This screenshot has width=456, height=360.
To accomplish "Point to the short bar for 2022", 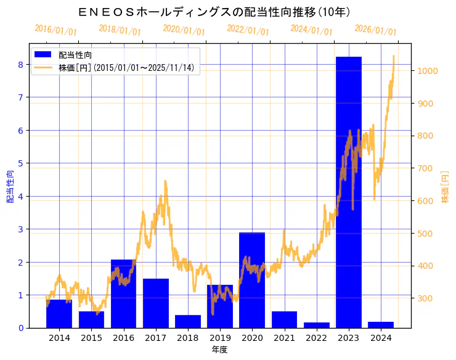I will pyautogui.click(x=316, y=325).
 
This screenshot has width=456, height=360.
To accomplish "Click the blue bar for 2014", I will pyautogui.click(x=59, y=314).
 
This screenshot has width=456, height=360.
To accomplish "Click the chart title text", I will pyautogui.click(x=215, y=12).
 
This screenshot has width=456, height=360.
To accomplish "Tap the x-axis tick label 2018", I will pyautogui.click(x=188, y=338).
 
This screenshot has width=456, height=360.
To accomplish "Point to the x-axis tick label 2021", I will pyautogui.click(x=284, y=338).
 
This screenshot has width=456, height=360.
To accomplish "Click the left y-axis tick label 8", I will pyautogui.click(x=20, y=64).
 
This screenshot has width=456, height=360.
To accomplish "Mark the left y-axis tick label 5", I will pyautogui.click(x=20, y=163).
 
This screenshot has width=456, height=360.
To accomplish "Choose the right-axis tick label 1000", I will pyautogui.click(x=427, y=71).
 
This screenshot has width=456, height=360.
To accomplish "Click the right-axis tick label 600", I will pyautogui.click(x=425, y=201).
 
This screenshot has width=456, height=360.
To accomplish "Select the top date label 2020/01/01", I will pyautogui.click(x=184, y=30).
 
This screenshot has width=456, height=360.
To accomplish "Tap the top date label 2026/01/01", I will pyautogui.click(x=375, y=30).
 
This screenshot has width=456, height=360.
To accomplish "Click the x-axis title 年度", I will pyautogui.click(x=219, y=350).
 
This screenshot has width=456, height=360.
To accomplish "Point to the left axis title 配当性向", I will pyautogui.click(x=10, y=186).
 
